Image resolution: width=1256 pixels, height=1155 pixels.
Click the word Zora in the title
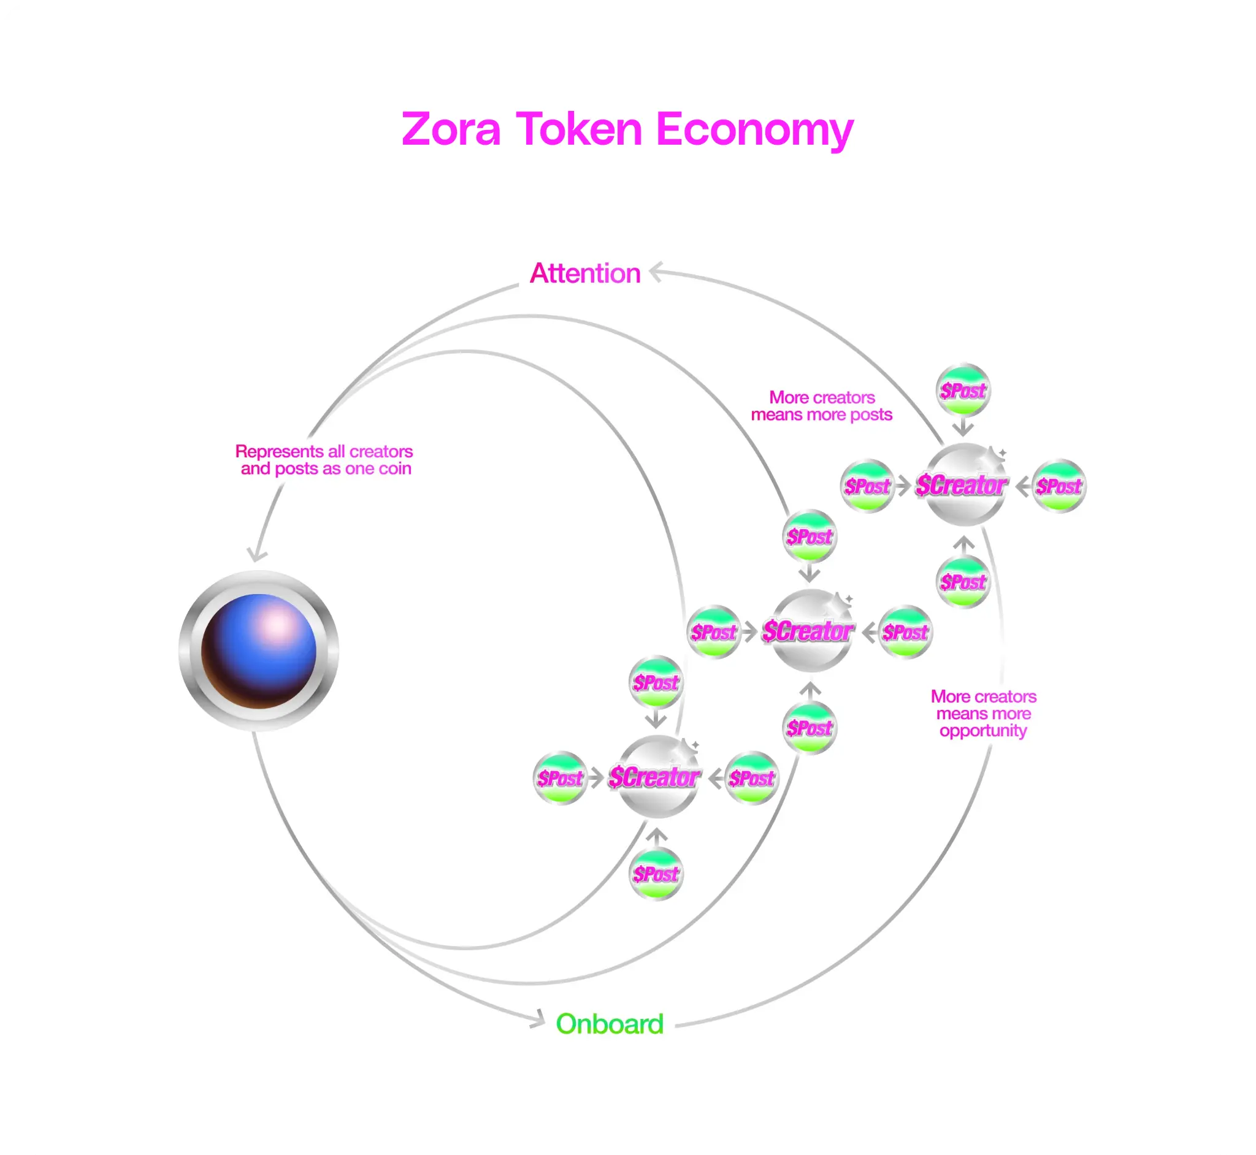451,129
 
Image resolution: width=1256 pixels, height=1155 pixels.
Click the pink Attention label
585,274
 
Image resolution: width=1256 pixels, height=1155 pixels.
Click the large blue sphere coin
259,650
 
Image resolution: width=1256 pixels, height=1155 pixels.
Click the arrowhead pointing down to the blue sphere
256,554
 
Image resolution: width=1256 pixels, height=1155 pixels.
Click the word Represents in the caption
280,452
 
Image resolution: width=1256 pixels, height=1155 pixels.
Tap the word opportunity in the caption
984,731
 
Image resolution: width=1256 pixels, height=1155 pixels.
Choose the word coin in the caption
395,469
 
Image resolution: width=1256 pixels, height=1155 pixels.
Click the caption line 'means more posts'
822,415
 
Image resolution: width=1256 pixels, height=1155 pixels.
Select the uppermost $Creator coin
963,485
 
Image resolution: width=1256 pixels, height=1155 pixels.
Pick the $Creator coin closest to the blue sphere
656,777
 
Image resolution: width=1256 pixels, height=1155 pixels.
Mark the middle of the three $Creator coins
810,631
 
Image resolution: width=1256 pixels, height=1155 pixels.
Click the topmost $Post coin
963,391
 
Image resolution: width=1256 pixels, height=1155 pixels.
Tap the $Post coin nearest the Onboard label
656,874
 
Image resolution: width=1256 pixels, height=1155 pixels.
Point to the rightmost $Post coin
1059,486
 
